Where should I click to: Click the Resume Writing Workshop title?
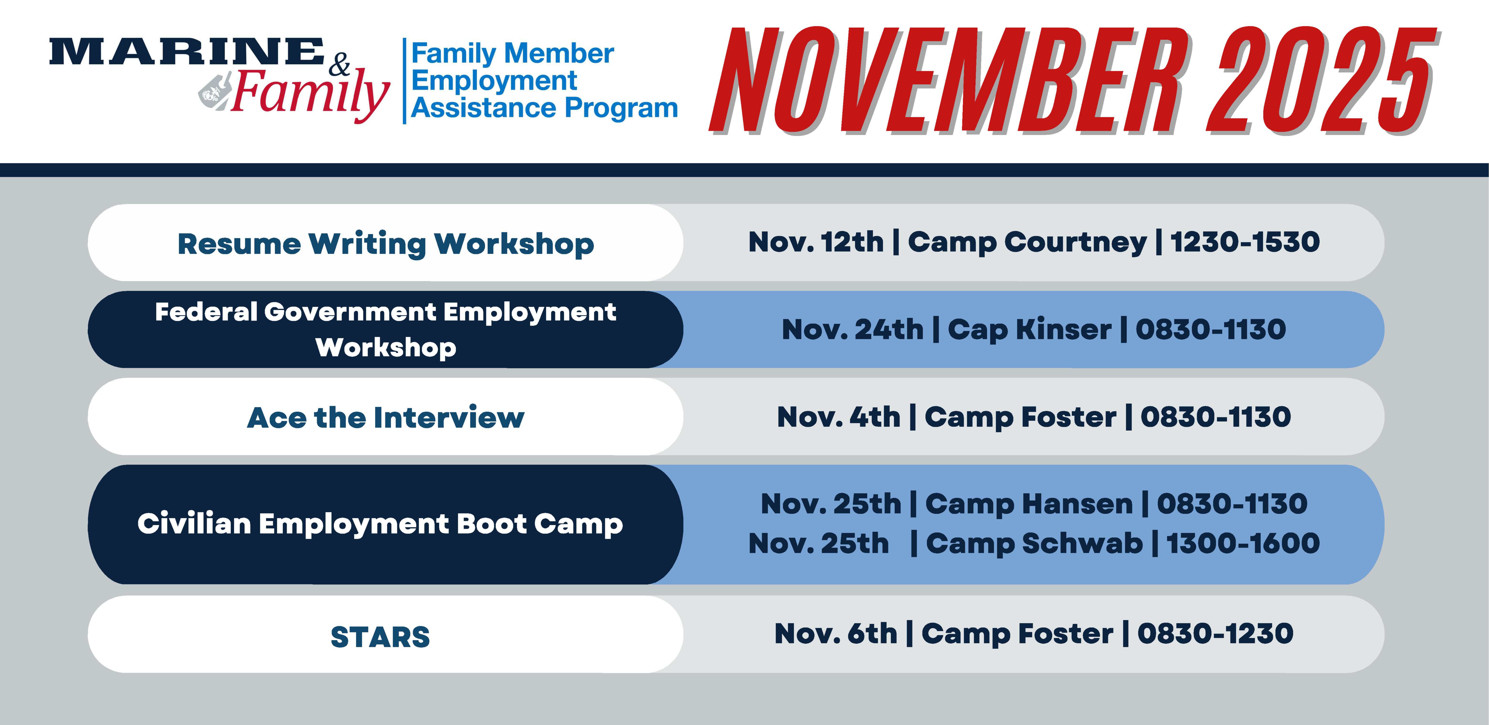(386, 243)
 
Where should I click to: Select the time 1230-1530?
(1245, 242)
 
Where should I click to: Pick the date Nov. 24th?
(853, 329)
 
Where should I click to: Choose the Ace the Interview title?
(386, 418)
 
